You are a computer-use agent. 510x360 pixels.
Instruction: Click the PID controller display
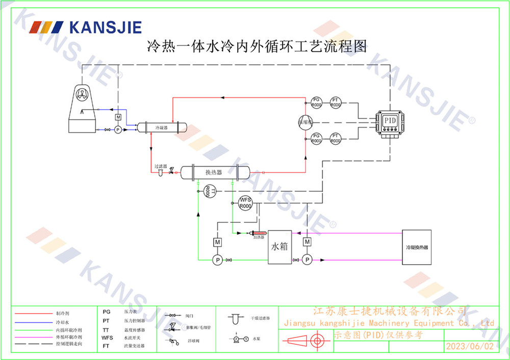tap(390, 120)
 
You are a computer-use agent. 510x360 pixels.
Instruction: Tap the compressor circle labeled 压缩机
tap(305, 121)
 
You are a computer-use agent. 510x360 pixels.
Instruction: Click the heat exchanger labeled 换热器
tap(214, 172)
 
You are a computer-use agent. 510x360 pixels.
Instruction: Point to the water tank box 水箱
tap(279, 247)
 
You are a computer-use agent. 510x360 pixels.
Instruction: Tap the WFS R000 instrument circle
tap(245, 203)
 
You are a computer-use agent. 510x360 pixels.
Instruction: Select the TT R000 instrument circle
tap(208, 191)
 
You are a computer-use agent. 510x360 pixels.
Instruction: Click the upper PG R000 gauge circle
tap(316, 102)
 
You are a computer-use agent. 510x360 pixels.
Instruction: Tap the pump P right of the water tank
tap(307, 260)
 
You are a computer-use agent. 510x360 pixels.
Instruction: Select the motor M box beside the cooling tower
tap(118, 118)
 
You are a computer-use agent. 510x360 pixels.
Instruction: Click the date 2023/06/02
tap(470, 346)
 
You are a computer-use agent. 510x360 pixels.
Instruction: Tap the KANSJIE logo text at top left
tap(105, 27)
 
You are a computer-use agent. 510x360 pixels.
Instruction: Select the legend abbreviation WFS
tap(107, 338)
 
